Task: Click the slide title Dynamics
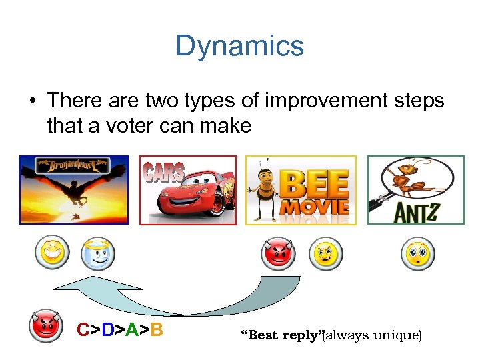tap(239, 46)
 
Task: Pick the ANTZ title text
tap(415, 212)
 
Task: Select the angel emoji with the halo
tap(97, 253)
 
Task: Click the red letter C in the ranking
tap(83, 329)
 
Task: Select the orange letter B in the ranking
tap(156, 329)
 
